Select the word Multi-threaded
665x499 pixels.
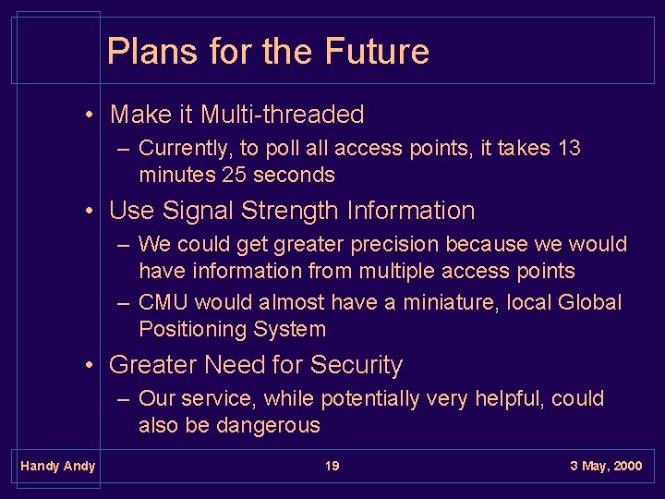coord(282,115)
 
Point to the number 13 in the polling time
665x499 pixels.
coord(569,149)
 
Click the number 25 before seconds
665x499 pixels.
coord(232,175)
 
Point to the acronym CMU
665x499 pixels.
coord(163,302)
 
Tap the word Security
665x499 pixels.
coord(357,365)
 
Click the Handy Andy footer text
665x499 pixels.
coord(57,466)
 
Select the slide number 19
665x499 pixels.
coord(332,466)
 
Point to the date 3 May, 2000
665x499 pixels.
coord(605,466)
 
